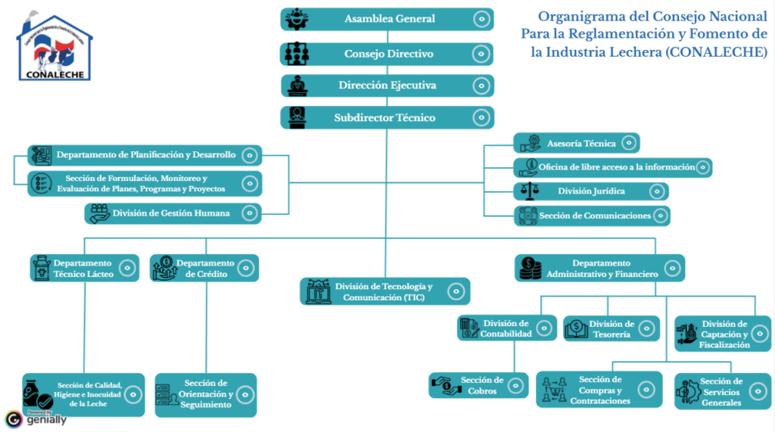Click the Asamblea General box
pos(387,19)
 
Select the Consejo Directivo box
pos(387,54)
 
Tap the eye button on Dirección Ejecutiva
pos(481,85)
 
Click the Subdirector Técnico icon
pos(297,117)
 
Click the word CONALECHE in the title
pos(716,52)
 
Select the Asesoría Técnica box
pos(577,143)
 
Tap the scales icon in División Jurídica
pos(530,191)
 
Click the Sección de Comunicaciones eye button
pos(660,216)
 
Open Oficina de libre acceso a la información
pos(613,167)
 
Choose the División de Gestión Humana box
pos(173,213)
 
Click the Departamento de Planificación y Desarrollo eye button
pos(250,155)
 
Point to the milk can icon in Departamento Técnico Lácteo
pos(42,268)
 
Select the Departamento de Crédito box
pos(204,268)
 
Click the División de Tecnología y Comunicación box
pos(385,291)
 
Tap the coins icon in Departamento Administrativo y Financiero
pos(530,269)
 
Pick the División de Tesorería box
pos(612,328)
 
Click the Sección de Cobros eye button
pos(515,386)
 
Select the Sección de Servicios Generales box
pos(723,391)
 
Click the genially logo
pos(36,419)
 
